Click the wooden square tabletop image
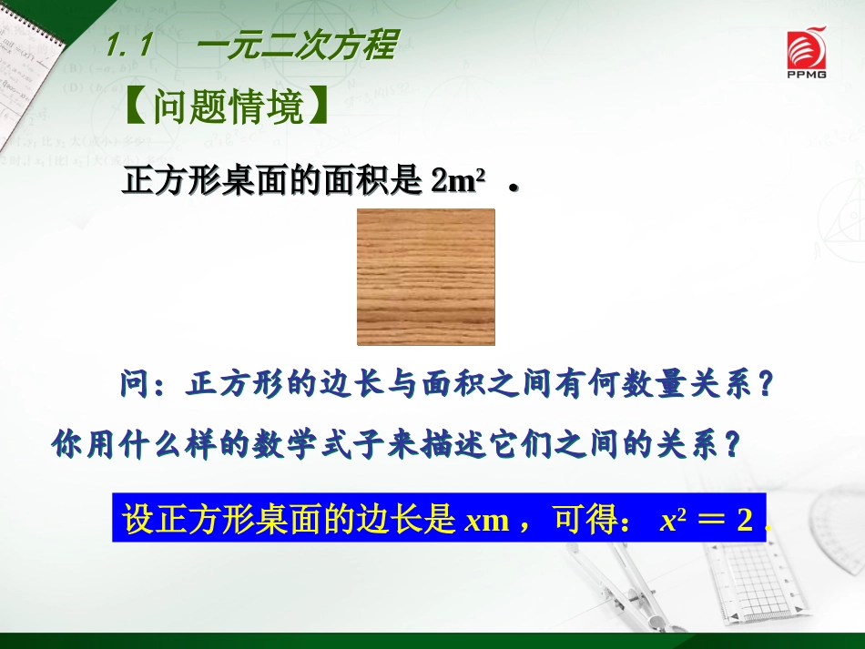(425, 277)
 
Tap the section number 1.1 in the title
(127, 46)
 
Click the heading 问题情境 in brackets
(225, 107)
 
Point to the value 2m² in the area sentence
(456, 182)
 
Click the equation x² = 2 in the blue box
(707, 520)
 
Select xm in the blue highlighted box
(485, 520)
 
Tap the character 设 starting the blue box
(135, 520)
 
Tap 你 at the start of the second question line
(67, 445)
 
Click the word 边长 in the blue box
(404, 520)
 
